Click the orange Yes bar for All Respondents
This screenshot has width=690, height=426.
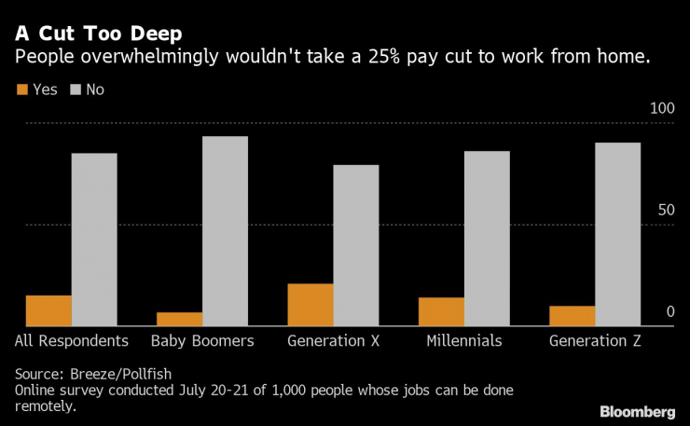click(x=48, y=310)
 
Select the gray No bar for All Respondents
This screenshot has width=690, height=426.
click(x=94, y=240)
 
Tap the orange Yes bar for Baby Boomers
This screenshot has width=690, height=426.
click(x=179, y=319)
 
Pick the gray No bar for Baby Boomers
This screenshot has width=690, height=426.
click(x=225, y=231)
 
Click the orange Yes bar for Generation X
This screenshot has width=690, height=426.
click(x=310, y=305)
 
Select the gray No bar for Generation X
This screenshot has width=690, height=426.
click(x=356, y=245)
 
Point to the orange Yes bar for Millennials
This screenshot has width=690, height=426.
click(x=441, y=311)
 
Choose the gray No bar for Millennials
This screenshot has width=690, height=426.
click(x=487, y=239)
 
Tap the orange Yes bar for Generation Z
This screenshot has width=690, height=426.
click(x=573, y=316)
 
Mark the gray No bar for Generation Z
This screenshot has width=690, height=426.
click(x=618, y=234)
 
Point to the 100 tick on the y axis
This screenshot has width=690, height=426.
click(x=661, y=109)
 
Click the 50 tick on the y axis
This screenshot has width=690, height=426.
click(x=665, y=211)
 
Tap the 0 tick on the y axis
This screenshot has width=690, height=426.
click(x=669, y=311)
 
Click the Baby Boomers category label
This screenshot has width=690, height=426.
click(x=201, y=341)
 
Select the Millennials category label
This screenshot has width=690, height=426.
click(x=463, y=341)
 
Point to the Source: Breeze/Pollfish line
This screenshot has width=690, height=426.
click(x=90, y=373)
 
